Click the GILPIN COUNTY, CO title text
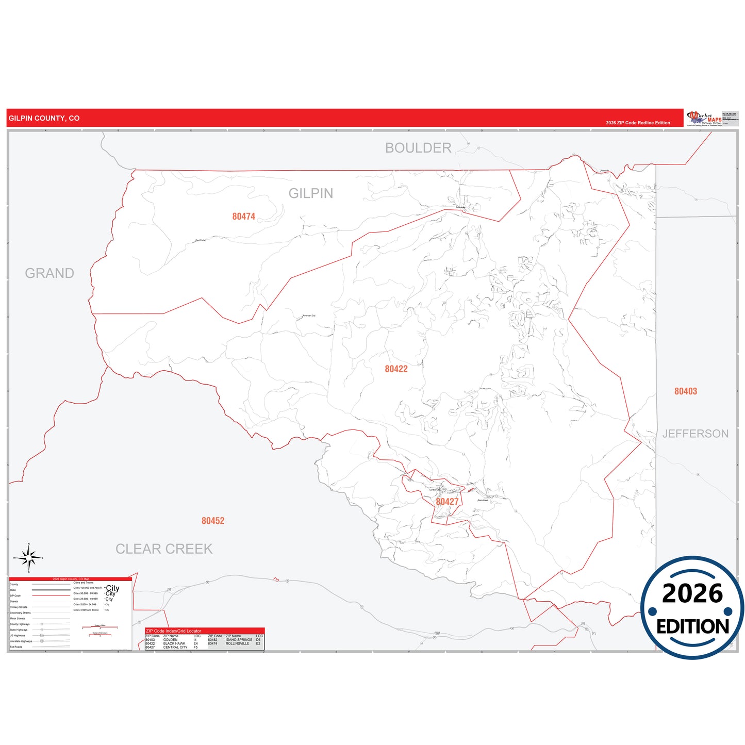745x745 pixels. point(44,118)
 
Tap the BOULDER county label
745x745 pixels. point(418,148)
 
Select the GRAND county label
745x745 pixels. point(49,273)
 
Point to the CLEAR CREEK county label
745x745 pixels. point(164,549)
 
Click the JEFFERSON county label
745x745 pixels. point(695,434)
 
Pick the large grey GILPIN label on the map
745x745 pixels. point(311,193)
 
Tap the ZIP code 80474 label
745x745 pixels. point(243,217)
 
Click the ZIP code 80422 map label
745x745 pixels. point(396,369)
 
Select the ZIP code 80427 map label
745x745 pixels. point(447,502)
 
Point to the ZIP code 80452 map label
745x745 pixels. point(213,521)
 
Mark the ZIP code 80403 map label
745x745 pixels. point(685,391)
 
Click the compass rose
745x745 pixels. point(29,558)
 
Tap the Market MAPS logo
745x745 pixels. point(704,118)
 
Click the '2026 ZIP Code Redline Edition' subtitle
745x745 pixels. point(638,123)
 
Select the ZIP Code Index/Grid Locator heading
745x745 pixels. point(173,631)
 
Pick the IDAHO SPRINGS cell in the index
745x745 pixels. point(239,640)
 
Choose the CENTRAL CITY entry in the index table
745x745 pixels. point(175,647)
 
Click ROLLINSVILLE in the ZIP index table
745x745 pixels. point(237,643)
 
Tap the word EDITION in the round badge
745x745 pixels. point(692,626)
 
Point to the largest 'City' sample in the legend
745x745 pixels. point(112,588)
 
